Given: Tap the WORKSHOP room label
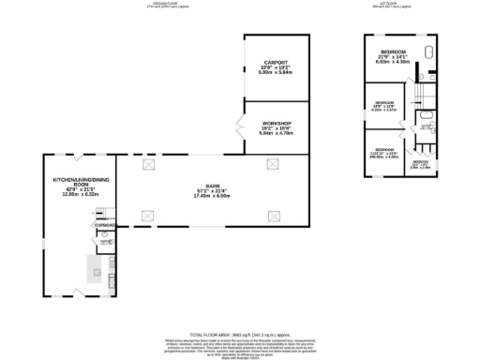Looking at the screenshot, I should (x=277, y=124).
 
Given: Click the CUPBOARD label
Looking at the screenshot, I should (x=104, y=226).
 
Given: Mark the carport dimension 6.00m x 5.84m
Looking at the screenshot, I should (x=275, y=73).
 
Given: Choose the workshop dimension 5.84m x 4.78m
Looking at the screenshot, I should (x=277, y=134).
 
